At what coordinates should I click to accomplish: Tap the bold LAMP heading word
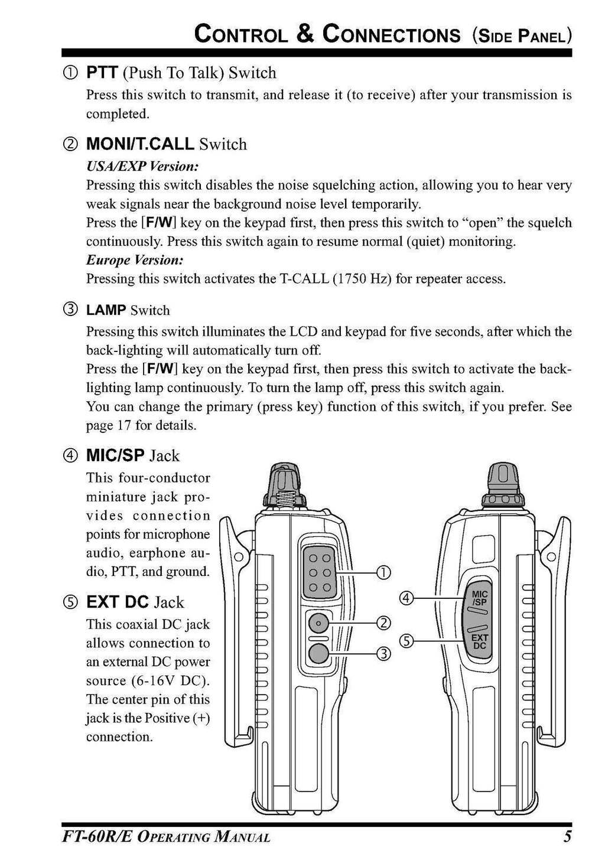(106, 311)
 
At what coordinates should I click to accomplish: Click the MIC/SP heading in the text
(115, 456)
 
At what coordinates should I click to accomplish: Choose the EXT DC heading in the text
(118, 602)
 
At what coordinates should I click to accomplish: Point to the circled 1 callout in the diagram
(383, 572)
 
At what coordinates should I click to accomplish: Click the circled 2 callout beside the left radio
(383, 623)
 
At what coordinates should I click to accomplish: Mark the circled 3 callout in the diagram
(383, 653)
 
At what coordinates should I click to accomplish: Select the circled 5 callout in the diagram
(406, 640)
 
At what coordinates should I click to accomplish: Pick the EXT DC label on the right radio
(480, 642)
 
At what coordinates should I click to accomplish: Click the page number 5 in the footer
(567, 837)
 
